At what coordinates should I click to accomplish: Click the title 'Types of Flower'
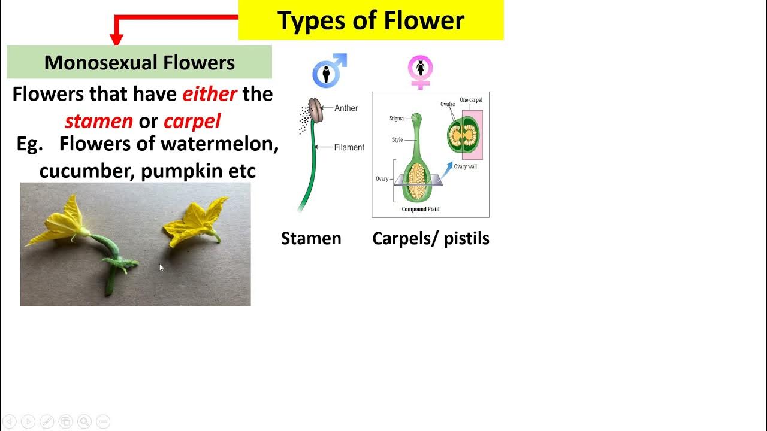click(x=371, y=20)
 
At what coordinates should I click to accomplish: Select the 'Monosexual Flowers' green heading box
click(x=139, y=62)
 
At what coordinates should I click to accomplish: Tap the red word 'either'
click(x=210, y=94)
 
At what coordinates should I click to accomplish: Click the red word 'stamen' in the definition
click(x=99, y=121)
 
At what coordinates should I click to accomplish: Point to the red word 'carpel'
click(x=192, y=121)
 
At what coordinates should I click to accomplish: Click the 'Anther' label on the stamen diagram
click(x=346, y=108)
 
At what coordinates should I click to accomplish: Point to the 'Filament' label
click(x=349, y=147)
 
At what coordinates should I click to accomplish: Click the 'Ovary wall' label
click(x=465, y=166)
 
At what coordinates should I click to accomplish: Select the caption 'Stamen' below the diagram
click(x=311, y=238)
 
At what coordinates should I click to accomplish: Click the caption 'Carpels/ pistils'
click(x=430, y=238)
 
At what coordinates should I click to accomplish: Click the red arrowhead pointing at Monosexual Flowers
click(x=117, y=40)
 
